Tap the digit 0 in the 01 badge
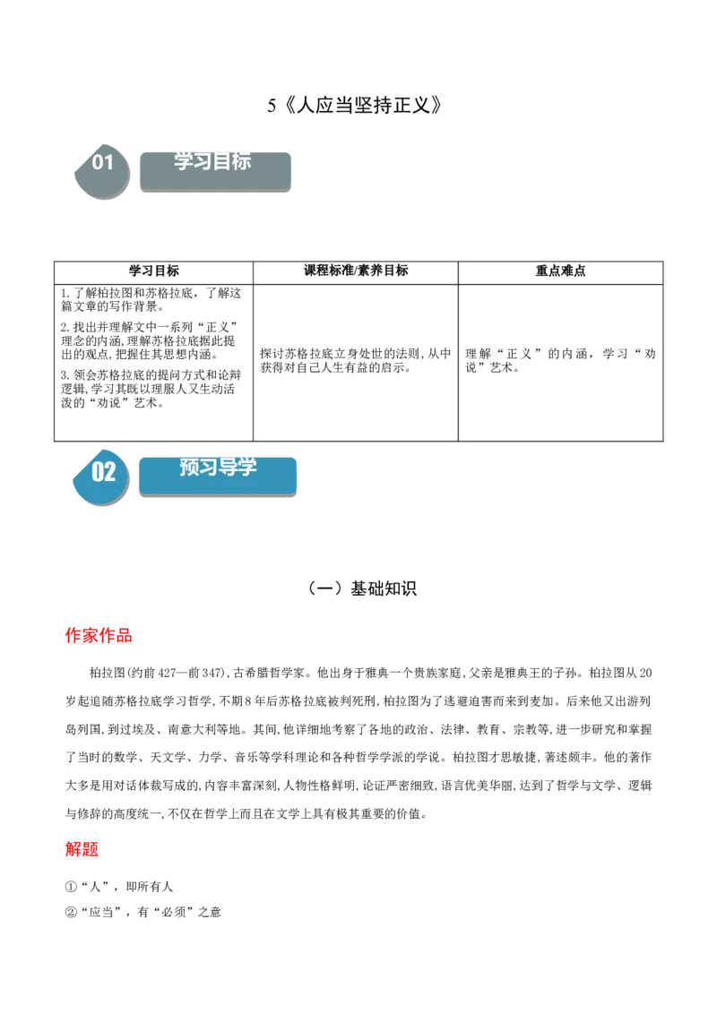98,162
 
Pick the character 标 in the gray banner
242,161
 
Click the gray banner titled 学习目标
215,170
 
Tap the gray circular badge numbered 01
101,170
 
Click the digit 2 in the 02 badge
109,471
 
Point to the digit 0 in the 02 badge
98,471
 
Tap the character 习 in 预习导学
208,468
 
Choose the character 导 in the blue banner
228,468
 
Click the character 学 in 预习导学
247,468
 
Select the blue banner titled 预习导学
218,475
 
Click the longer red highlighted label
99,636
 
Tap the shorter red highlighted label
82,849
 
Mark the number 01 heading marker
103,162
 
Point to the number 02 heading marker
104,471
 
